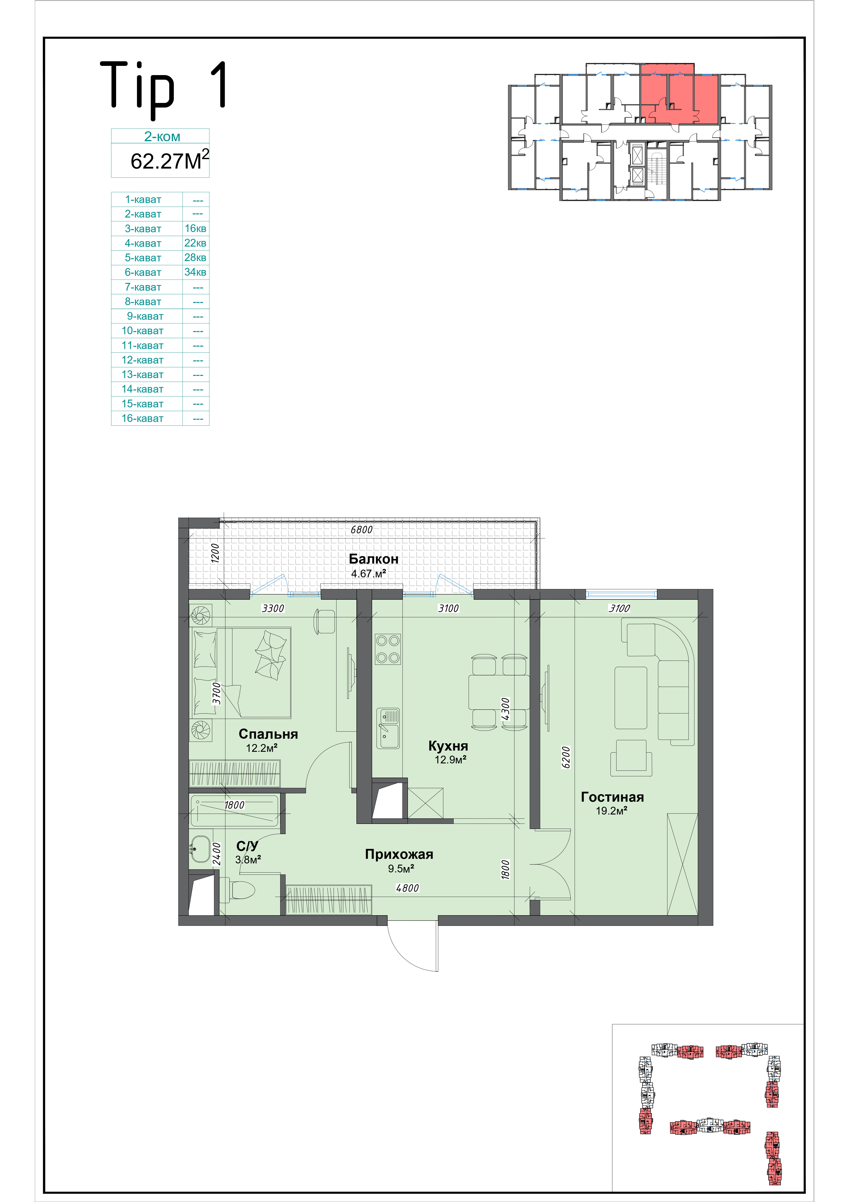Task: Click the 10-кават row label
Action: pos(142,331)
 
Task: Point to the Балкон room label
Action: pos(374,559)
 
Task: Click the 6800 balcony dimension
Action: pos(361,530)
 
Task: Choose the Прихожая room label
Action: pos(399,854)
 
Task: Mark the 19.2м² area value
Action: pos(611,811)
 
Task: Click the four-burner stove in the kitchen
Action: pos(388,649)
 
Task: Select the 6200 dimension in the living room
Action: pos(565,758)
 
